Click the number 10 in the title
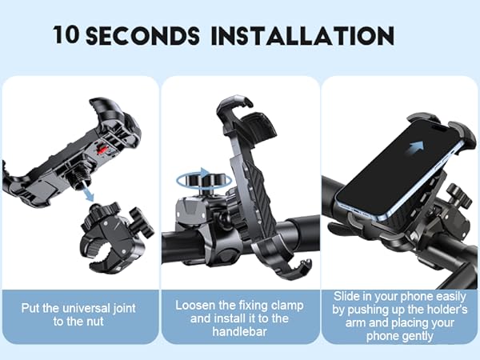pyautogui.click(x=67, y=36)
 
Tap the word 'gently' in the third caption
pyautogui.click(x=420, y=336)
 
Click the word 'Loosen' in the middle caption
pyautogui.click(x=196, y=306)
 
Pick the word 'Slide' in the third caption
pyautogui.click(x=349, y=296)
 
